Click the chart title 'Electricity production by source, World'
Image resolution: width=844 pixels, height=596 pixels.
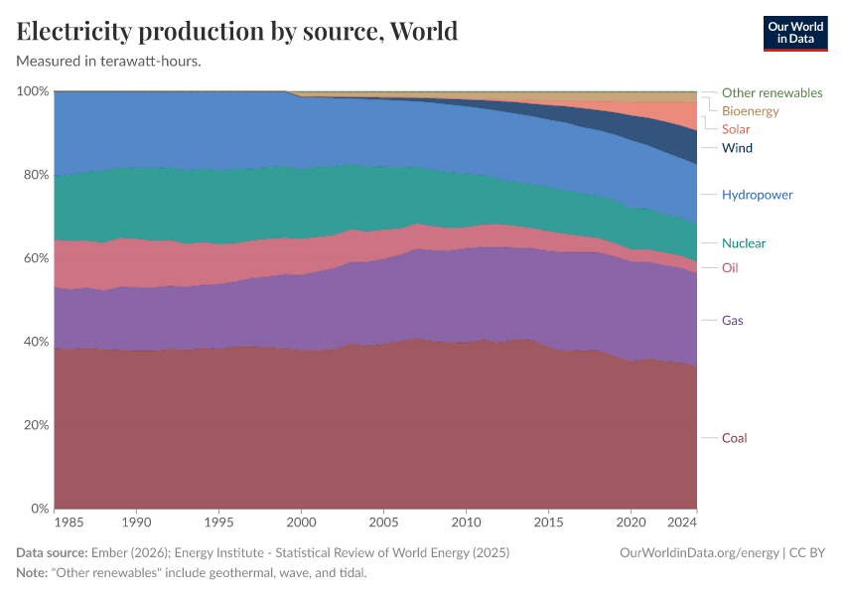237,31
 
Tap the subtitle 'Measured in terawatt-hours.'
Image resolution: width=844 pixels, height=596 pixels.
109,61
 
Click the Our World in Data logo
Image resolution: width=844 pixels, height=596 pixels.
794,33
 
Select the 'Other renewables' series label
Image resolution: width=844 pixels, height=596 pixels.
772,92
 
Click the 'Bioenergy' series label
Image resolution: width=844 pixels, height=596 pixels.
750,111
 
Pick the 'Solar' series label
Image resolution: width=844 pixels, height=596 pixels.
736,129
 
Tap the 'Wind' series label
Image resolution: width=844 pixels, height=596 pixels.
737,148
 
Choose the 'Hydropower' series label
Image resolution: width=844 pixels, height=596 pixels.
757,195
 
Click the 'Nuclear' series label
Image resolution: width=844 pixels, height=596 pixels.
744,243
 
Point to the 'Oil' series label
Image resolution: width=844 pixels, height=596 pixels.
730,267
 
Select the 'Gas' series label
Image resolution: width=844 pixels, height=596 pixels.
732,320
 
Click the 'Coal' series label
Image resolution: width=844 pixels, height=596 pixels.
734,438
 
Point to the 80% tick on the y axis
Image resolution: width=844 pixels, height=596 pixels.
33,175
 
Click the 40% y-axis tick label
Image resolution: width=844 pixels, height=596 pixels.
33,342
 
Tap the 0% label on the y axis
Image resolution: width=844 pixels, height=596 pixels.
37,509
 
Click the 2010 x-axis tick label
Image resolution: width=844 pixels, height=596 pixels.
466,521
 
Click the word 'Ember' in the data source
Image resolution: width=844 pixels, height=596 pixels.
108,552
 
